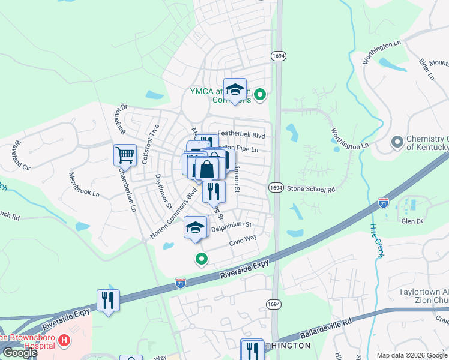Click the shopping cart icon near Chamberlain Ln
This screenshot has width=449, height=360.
pyautogui.click(x=125, y=155)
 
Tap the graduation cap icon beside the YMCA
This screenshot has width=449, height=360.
pyautogui.click(x=235, y=89)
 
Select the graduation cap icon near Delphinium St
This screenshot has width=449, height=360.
pyautogui.click(x=194, y=227)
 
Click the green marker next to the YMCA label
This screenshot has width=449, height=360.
pyautogui.click(x=260, y=94)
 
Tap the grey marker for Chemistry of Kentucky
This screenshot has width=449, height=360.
pyautogui.click(x=397, y=143)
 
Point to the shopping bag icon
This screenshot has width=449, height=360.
pyautogui.click(x=206, y=169)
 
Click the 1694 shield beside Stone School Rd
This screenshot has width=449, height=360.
pyautogui.click(x=276, y=188)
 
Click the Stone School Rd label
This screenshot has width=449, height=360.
pyautogui.click(x=310, y=190)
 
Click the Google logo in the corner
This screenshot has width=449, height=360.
pyautogui.click(x=20, y=353)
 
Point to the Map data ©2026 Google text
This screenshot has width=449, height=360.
pyautogui.click(x=411, y=355)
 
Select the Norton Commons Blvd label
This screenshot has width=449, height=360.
pyautogui.click(x=174, y=214)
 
